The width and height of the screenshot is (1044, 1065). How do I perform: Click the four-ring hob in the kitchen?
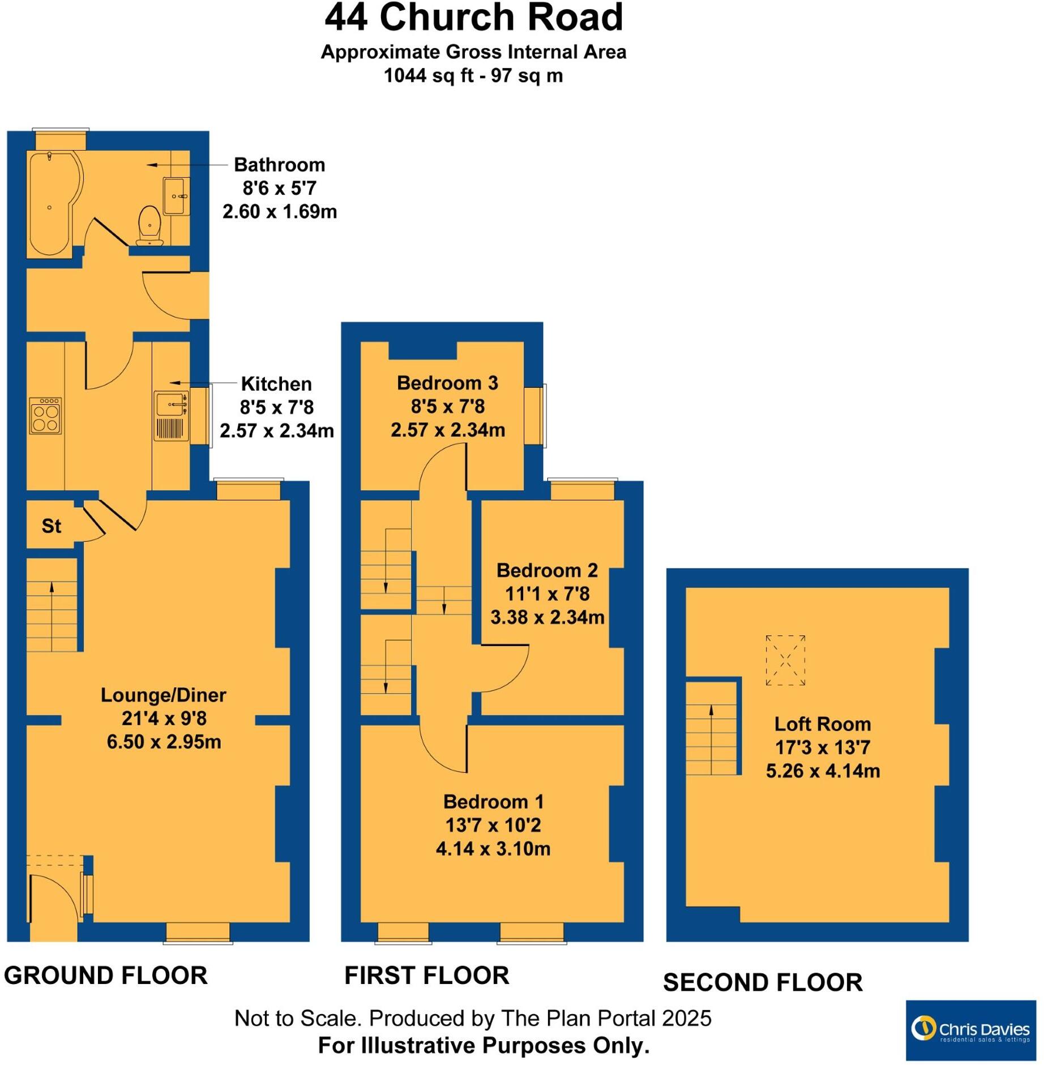tap(45, 415)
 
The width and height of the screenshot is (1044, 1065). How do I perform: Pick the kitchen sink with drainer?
tap(171, 415)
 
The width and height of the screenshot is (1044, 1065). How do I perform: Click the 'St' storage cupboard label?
tap(51, 525)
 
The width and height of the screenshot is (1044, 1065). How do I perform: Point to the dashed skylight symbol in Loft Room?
tap(785, 660)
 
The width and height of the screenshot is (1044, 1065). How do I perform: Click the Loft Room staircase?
tap(711, 728)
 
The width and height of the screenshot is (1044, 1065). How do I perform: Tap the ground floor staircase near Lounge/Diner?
tap(52, 605)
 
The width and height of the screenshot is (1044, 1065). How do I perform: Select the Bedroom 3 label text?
tap(447, 383)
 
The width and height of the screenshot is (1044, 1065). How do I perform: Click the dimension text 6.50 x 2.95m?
tap(164, 741)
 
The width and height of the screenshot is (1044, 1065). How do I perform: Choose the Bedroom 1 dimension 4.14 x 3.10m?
tap(493, 848)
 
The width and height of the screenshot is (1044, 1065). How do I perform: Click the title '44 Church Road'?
tap(473, 18)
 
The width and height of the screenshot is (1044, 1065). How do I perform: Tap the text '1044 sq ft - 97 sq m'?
tap(473, 75)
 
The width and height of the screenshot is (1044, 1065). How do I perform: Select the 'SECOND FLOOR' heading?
tap(762, 982)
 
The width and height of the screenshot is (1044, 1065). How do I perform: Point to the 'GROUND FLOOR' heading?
tap(106, 975)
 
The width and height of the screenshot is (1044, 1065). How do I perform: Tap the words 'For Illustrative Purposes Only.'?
tap(484, 1045)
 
